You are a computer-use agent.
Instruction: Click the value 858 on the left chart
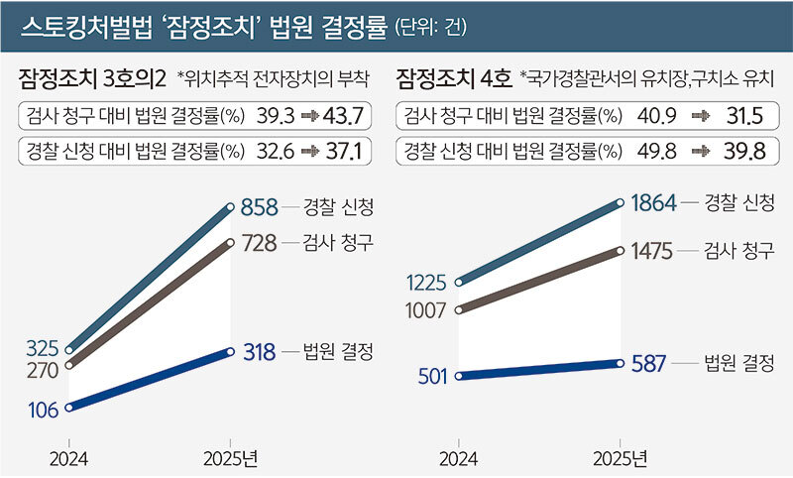(x=259, y=208)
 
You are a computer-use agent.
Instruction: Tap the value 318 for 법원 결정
(x=259, y=351)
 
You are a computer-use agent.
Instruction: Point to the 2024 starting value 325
(x=43, y=348)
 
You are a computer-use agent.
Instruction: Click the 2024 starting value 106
(x=43, y=409)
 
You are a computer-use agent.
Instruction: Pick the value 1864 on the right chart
(x=653, y=203)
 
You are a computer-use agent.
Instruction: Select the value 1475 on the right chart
(x=653, y=253)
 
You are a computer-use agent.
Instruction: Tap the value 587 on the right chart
(x=650, y=363)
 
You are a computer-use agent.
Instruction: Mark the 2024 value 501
(x=433, y=376)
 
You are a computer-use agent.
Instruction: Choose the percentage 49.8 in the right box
(x=665, y=151)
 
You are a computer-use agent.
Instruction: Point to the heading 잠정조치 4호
(x=452, y=78)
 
